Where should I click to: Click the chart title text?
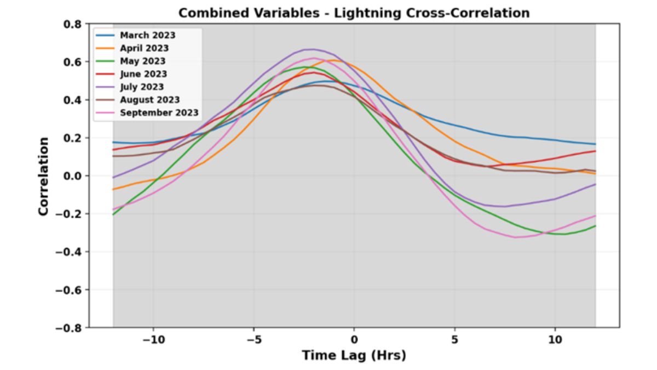[354, 13]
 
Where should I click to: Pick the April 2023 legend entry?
[145, 48]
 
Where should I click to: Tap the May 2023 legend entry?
[142, 61]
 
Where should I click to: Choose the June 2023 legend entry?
[143, 74]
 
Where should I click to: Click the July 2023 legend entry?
[142, 87]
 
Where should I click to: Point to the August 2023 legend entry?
[149, 100]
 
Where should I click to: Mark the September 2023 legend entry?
[159, 113]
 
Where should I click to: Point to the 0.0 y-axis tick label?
[73, 176]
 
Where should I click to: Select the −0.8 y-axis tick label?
[69, 328]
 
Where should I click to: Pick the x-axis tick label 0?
[354, 339]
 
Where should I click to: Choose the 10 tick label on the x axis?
[555, 339]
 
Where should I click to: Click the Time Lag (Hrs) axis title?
[354, 356]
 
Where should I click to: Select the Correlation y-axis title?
[44, 176]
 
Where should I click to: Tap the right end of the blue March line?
[595, 144]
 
